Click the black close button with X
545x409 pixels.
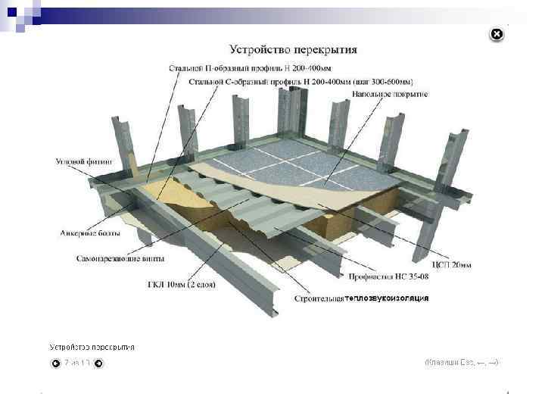pos(495,34)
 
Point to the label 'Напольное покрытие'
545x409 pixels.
pos(390,94)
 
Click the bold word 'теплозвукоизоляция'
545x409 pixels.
pos(387,298)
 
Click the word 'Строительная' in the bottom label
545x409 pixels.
pos(319,298)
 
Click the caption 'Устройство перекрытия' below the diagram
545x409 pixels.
pos(92,347)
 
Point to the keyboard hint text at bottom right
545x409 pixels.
pos(461,363)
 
